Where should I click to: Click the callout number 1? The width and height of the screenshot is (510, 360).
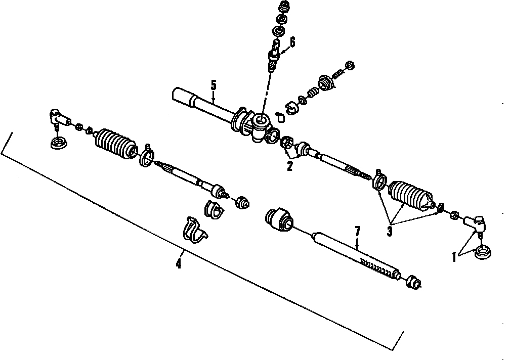(454, 257)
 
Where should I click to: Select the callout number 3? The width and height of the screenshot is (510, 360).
(389, 232)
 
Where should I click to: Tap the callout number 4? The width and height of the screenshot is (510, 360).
(178, 264)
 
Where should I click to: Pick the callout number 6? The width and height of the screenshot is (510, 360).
(292, 42)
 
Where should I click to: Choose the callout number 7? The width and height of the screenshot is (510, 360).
(357, 232)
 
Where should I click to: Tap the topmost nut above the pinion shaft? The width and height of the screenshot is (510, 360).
(283, 8)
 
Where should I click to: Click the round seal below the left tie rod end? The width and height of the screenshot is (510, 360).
(59, 143)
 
